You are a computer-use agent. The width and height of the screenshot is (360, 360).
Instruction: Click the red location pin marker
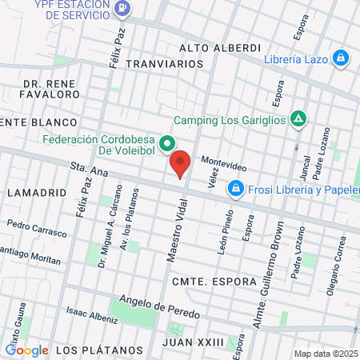(180, 162)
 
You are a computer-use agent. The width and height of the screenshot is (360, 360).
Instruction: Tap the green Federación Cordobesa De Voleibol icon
(167, 144)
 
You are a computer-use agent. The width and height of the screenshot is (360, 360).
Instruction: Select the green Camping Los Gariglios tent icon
(298, 118)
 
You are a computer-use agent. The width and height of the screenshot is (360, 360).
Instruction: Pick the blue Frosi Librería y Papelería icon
(235, 189)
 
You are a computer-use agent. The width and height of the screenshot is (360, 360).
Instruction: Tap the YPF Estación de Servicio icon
(122, 10)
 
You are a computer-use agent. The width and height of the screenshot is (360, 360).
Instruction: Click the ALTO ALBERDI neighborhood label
(221, 48)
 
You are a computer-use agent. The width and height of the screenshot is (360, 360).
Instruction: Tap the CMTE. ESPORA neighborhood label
(213, 282)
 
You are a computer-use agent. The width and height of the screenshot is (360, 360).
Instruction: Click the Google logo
(26, 350)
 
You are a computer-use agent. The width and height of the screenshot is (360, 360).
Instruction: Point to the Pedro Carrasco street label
(34, 224)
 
